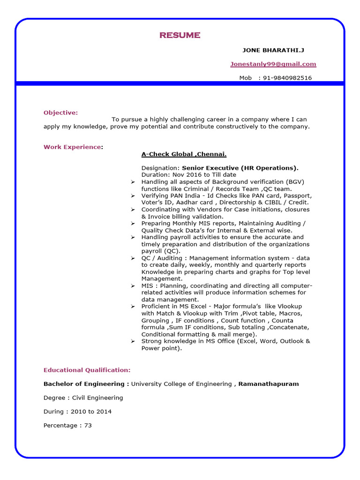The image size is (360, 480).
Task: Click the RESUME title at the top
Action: [180, 35]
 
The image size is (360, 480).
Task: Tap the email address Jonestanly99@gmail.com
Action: [273, 64]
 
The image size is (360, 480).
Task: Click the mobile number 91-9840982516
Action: [287, 78]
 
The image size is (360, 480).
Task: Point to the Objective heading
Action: [60, 112]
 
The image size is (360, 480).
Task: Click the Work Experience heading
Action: [72, 147]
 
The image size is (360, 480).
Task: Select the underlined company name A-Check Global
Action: [184, 154]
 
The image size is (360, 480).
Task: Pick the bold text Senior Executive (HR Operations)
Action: [240, 168]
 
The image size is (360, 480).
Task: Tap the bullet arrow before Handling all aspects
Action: [133, 182]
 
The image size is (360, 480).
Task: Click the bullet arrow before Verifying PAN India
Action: [133, 195]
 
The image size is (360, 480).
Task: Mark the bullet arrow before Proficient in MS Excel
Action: [133, 307]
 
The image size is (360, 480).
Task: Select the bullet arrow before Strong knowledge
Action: [133, 341]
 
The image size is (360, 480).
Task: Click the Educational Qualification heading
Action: [87, 370]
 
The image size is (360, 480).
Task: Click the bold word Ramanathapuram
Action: [269, 384]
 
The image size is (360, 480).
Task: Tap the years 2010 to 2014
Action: [91, 412]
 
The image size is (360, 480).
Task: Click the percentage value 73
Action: [88, 425]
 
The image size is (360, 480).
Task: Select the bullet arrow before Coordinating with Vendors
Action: [133, 210]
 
